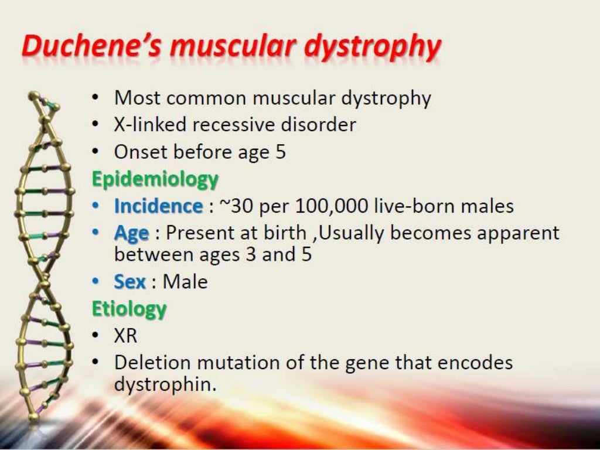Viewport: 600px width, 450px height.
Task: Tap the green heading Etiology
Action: [129, 309]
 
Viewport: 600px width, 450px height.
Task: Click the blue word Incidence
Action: [158, 206]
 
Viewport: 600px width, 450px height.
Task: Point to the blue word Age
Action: [131, 233]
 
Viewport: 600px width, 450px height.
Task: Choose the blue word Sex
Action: [129, 282]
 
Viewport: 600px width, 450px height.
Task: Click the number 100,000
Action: [331, 206]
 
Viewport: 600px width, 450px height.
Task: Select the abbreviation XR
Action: [125, 336]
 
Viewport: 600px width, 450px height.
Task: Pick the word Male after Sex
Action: [185, 282]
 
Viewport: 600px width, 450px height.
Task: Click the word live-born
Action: [415, 206]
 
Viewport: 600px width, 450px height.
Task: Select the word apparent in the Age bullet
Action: [516, 234]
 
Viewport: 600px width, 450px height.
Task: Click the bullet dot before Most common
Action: [95, 98]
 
